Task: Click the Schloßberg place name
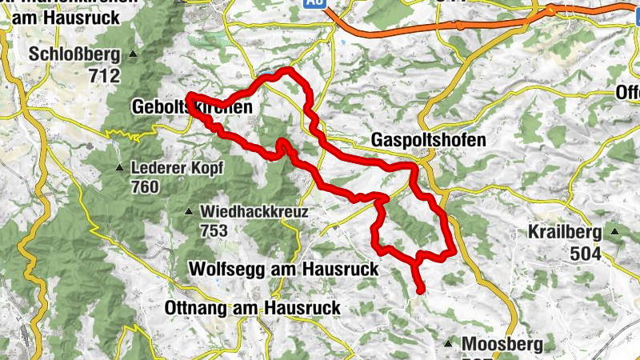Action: [x=74, y=55]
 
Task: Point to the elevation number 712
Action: [x=105, y=77]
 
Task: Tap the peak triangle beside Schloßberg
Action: [x=134, y=55]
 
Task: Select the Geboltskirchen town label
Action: [x=191, y=106]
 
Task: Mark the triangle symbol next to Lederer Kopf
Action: [x=119, y=168]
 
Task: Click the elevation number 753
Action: [x=215, y=231]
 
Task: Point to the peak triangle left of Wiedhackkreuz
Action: [x=189, y=212]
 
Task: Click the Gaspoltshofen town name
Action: [x=429, y=140]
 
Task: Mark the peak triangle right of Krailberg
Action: [x=615, y=233]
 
